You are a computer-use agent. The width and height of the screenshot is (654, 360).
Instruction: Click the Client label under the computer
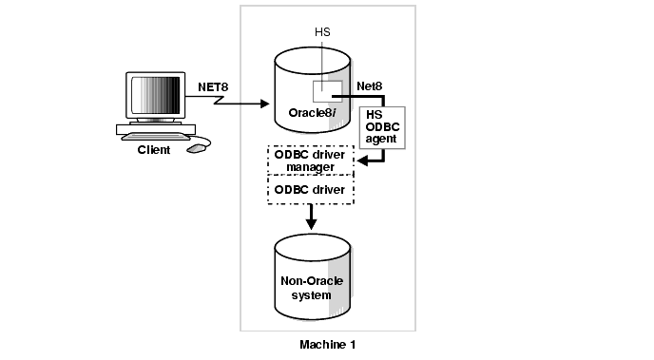click(x=154, y=150)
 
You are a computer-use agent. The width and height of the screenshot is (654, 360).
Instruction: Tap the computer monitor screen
click(x=156, y=95)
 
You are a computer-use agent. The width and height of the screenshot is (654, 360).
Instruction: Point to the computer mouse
click(x=197, y=148)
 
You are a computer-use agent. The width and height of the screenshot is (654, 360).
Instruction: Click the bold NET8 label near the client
click(x=213, y=87)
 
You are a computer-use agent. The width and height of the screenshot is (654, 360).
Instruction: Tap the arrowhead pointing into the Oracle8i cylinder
click(x=265, y=104)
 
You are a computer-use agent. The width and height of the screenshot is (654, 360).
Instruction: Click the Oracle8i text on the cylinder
click(x=313, y=113)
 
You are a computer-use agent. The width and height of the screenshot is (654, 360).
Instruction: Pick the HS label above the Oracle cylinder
click(x=322, y=32)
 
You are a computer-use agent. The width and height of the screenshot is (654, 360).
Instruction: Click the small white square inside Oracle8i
click(x=328, y=91)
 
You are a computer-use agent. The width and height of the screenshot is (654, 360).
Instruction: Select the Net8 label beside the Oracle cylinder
click(x=369, y=86)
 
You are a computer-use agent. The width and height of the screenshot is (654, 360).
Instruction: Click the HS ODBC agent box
click(x=382, y=127)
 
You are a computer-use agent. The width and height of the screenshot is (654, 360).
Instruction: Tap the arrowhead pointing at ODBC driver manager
click(x=362, y=161)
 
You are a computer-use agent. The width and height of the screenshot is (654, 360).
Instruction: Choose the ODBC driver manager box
click(x=310, y=161)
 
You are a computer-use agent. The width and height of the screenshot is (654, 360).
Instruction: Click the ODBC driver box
click(x=310, y=190)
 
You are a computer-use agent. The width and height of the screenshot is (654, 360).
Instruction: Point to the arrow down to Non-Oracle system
click(x=311, y=217)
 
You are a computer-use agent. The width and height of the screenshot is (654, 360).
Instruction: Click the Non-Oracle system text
click(x=312, y=288)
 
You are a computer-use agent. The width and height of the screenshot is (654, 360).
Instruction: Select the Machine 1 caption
click(x=328, y=345)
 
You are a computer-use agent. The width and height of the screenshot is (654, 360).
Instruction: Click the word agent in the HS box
click(x=381, y=140)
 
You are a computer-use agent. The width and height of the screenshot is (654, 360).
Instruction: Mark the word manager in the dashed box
click(x=310, y=167)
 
